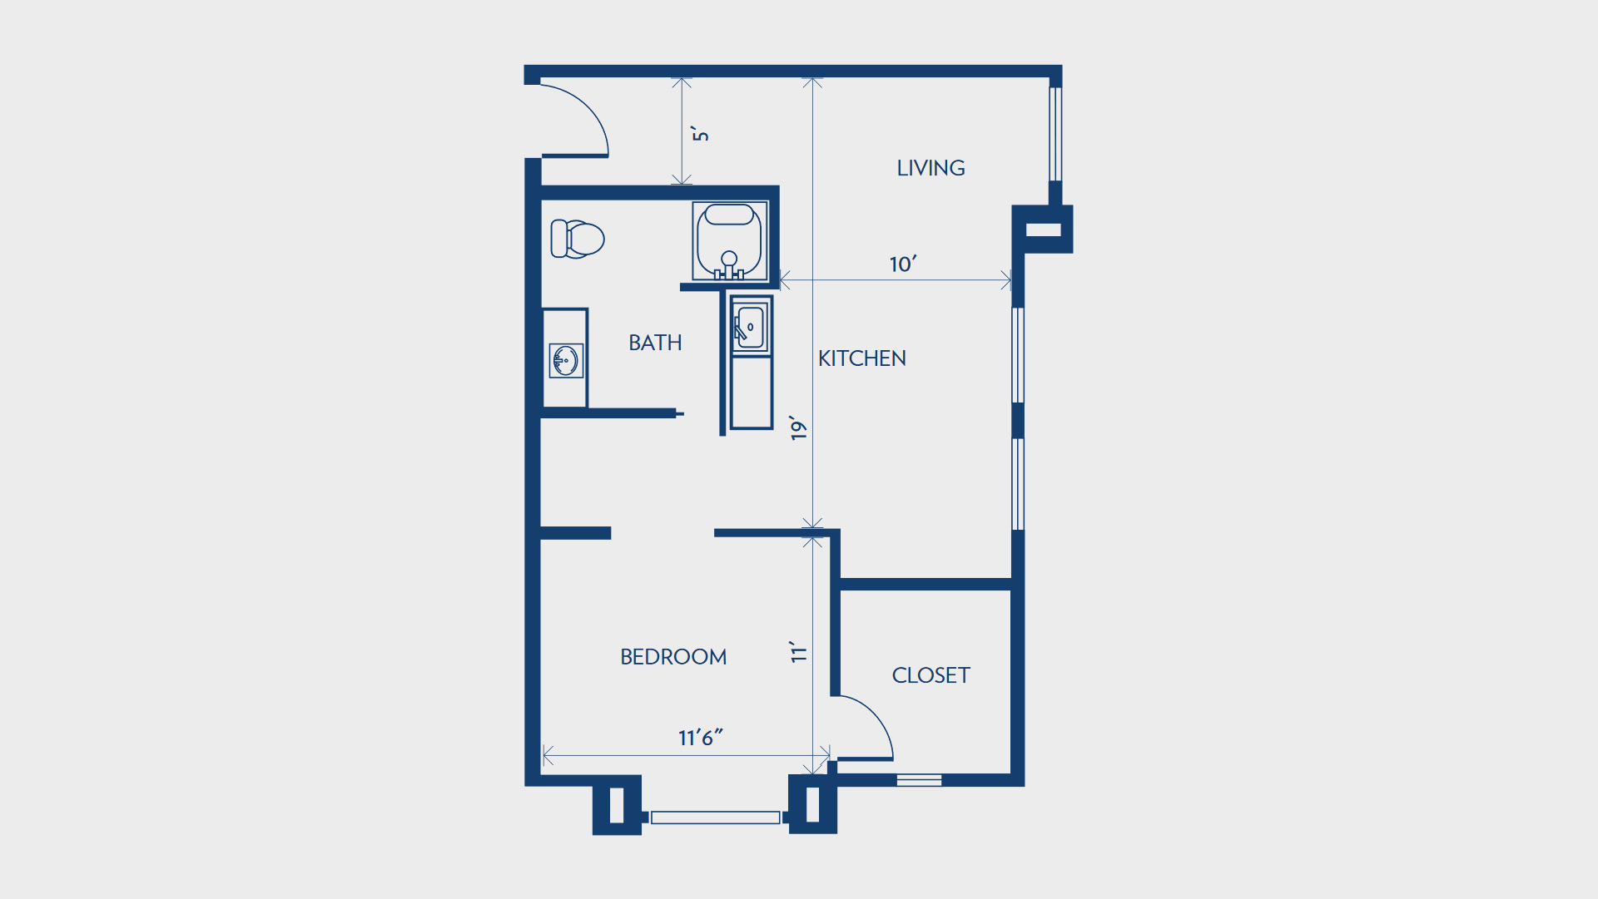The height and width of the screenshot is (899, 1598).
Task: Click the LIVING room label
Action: point(931,168)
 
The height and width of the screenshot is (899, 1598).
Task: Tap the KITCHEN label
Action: point(861,358)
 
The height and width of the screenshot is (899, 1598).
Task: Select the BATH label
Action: point(655,343)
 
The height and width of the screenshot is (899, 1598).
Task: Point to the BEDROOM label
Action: point(673,657)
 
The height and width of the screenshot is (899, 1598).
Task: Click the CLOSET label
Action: point(931,675)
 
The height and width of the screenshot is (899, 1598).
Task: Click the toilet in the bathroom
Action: point(577,239)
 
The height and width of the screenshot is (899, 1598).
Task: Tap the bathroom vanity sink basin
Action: point(565,361)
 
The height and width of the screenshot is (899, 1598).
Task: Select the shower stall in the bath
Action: point(730,241)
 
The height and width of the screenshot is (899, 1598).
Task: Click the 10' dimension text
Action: point(903,264)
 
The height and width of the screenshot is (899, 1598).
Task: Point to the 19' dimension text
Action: point(799,427)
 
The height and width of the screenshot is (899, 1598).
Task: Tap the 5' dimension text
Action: point(701,134)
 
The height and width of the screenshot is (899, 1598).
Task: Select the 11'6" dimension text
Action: point(700,738)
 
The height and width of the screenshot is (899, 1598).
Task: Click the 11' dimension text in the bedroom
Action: point(799,652)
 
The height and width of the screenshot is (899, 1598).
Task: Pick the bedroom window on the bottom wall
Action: point(715,817)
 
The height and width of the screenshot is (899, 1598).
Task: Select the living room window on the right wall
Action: point(1055,134)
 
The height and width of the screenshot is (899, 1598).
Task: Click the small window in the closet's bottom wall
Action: point(919,780)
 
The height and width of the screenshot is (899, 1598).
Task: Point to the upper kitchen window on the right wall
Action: point(1018,355)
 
